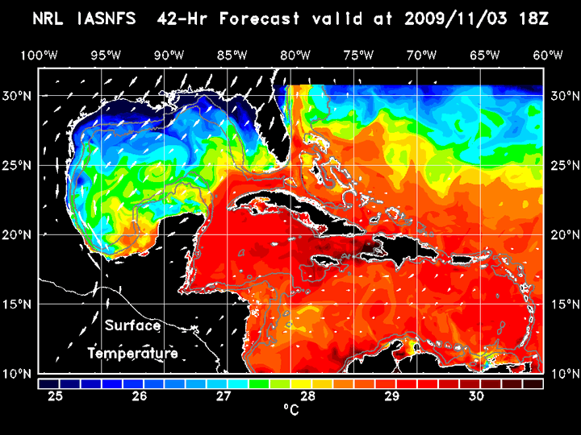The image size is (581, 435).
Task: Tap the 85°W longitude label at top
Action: (x=232, y=55)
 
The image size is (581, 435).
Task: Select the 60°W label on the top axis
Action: (x=547, y=55)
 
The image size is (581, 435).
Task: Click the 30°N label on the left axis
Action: (x=19, y=95)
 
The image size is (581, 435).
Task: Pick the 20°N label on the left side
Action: (x=19, y=234)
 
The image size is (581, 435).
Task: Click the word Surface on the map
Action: (x=132, y=326)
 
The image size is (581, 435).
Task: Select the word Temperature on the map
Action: (x=132, y=354)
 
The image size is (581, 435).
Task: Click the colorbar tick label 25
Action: (x=56, y=396)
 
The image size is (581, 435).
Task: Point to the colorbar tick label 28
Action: (x=308, y=396)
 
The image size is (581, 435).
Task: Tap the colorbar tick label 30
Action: (x=476, y=396)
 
